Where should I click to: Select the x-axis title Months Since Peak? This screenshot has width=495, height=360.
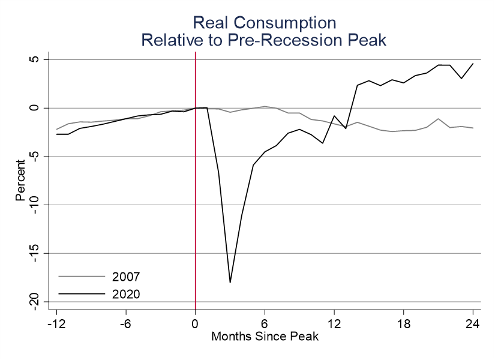tap(265, 336)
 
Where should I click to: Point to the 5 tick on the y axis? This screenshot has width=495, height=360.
tap(34, 59)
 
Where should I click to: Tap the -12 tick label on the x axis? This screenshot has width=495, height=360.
tap(56, 325)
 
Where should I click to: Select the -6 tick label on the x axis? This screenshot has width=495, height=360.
tap(126, 325)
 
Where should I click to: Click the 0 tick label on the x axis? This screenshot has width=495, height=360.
tap(196, 325)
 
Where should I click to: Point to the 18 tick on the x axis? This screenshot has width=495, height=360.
tap(404, 325)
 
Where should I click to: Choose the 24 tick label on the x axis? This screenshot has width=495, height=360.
tap(473, 325)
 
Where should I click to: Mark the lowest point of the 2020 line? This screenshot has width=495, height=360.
tap(230, 282)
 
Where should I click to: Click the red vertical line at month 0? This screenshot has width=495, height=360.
tap(196, 180)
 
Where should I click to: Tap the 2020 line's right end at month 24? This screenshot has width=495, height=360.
tap(473, 64)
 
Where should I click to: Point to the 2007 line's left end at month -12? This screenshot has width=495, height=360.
tap(57, 129)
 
